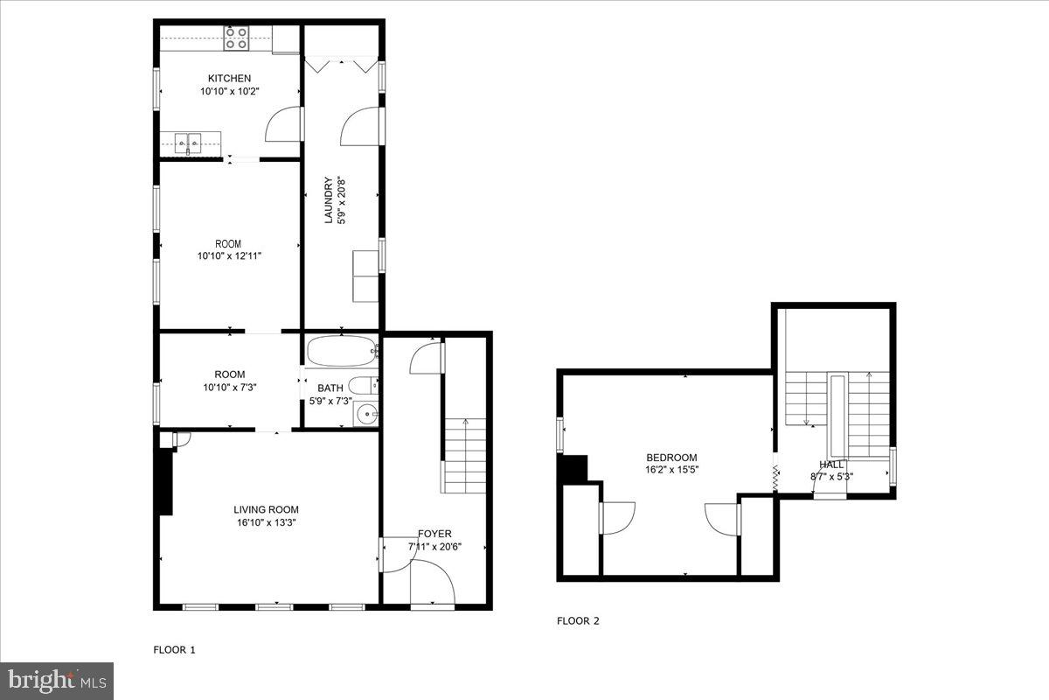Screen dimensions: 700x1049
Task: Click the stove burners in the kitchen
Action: click(x=236, y=38)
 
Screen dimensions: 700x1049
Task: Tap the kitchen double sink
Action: click(x=190, y=142)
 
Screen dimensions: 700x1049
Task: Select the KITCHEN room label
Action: click(x=229, y=79)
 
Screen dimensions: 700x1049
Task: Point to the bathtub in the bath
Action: click(x=342, y=350)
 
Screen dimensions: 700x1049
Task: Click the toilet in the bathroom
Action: click(x=362, y=385)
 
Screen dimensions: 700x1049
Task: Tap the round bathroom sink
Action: click(x=366, y=414)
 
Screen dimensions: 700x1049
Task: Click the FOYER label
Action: click(x=434, y=534)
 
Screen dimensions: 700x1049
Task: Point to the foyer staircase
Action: click(x=465, y=455)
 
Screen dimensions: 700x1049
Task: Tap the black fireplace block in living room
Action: click(x=164, y=481)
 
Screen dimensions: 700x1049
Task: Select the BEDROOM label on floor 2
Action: click(x=671, y=458)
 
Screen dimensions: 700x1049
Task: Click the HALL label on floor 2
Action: click(x=831, y=465)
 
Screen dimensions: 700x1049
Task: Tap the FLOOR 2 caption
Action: click(x=578, y=621)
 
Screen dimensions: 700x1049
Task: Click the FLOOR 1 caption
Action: click(x=175, y=650)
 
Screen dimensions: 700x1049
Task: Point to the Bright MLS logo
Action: click(x=57, y=680)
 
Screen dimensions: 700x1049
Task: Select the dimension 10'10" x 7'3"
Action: click(x=228, y=387)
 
